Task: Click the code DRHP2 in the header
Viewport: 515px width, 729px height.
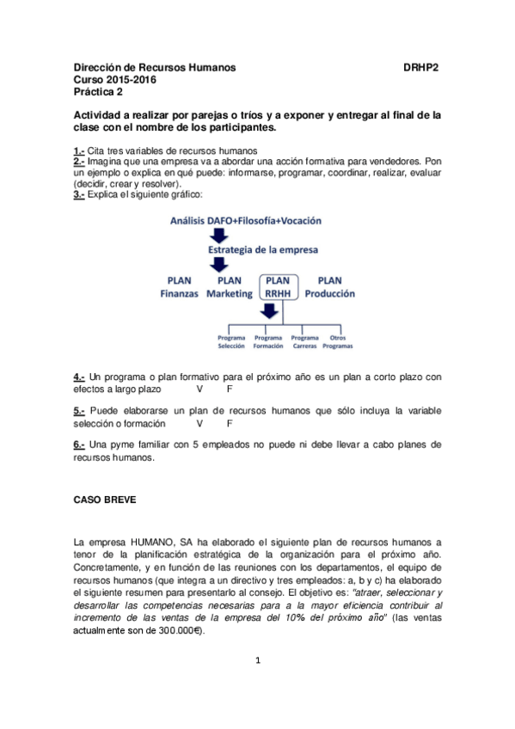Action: tap(421, 67)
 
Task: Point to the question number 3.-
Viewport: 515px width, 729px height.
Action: tap(79, 195)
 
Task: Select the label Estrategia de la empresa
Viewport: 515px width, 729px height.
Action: tap(263, 251)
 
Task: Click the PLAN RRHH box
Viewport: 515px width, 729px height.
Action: tap(278, 287)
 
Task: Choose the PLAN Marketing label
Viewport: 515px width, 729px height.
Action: tap(229, 287)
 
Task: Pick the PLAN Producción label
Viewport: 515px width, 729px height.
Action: tap(329, 287)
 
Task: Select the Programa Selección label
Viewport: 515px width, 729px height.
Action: tap(231, 341)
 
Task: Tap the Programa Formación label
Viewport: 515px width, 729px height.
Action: tap(267, 341)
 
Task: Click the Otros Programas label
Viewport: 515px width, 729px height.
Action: tap(338, 341)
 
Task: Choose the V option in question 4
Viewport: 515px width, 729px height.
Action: tap(200, 389)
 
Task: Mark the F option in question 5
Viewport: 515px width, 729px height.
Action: tap(230, 424)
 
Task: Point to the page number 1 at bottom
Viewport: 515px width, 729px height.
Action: tap(256, 660)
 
